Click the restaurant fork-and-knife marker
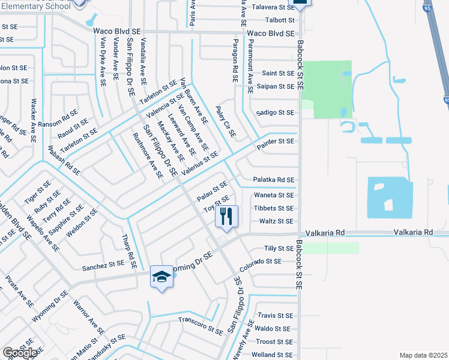tap(226, 216)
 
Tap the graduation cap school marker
tap(160, 276)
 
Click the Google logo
tap(20, 353)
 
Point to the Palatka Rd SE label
tap(273, 179)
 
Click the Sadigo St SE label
tap(275, 112)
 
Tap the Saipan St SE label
tap(274, 86)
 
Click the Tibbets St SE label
tap(274, 208)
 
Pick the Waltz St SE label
tap(276, 221)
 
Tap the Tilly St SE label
tap(278, 248)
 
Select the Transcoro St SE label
tap(200, 323)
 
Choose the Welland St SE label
tap(271, 355)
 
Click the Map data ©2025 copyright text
tap(423, 355)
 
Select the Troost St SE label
tap(273, 341)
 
